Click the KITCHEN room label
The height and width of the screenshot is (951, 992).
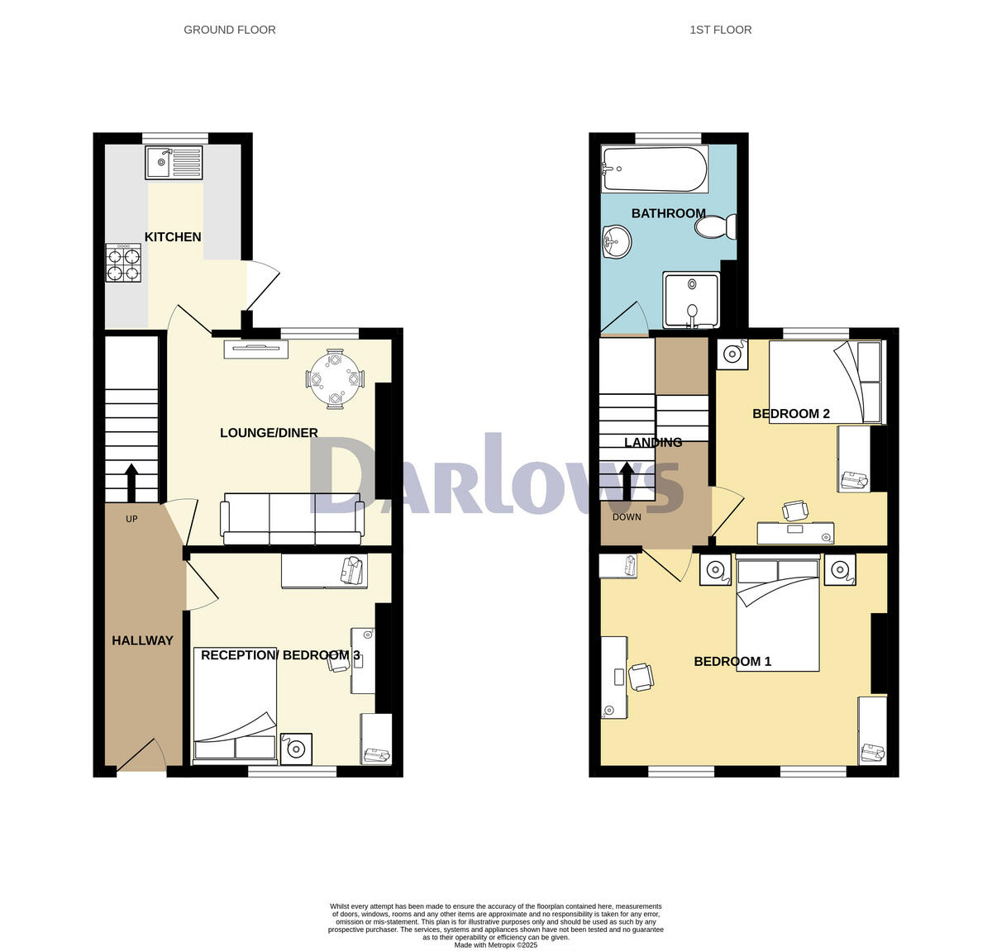173,237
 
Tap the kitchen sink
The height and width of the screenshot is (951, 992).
174,162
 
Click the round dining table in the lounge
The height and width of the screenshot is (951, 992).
335,379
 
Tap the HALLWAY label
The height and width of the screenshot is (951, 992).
142,640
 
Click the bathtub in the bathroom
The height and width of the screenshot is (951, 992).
654,169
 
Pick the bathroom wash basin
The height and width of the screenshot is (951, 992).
616,244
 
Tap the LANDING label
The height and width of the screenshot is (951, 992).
653,443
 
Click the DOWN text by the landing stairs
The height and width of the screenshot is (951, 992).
627,517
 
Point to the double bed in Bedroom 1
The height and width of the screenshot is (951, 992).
777,616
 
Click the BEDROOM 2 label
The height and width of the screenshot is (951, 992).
790,414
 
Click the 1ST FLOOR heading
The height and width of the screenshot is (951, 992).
720,30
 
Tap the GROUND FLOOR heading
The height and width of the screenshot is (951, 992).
229,30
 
